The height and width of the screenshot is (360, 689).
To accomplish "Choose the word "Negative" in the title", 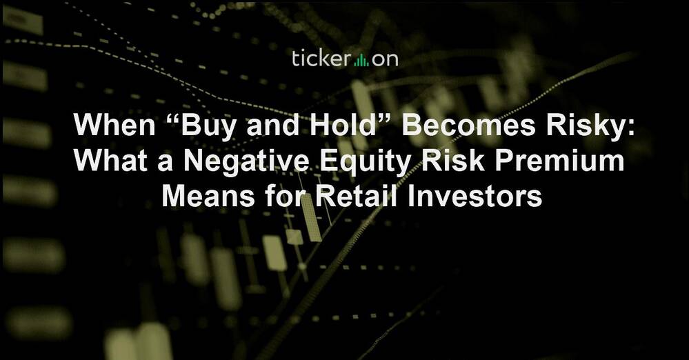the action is [x=246, y=162].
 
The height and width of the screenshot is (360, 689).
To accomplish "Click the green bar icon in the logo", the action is [x=361, y=60].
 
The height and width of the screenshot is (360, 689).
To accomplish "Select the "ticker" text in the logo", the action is [x=321, y=59].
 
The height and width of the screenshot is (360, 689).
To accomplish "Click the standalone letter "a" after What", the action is [x=166, y=163].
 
